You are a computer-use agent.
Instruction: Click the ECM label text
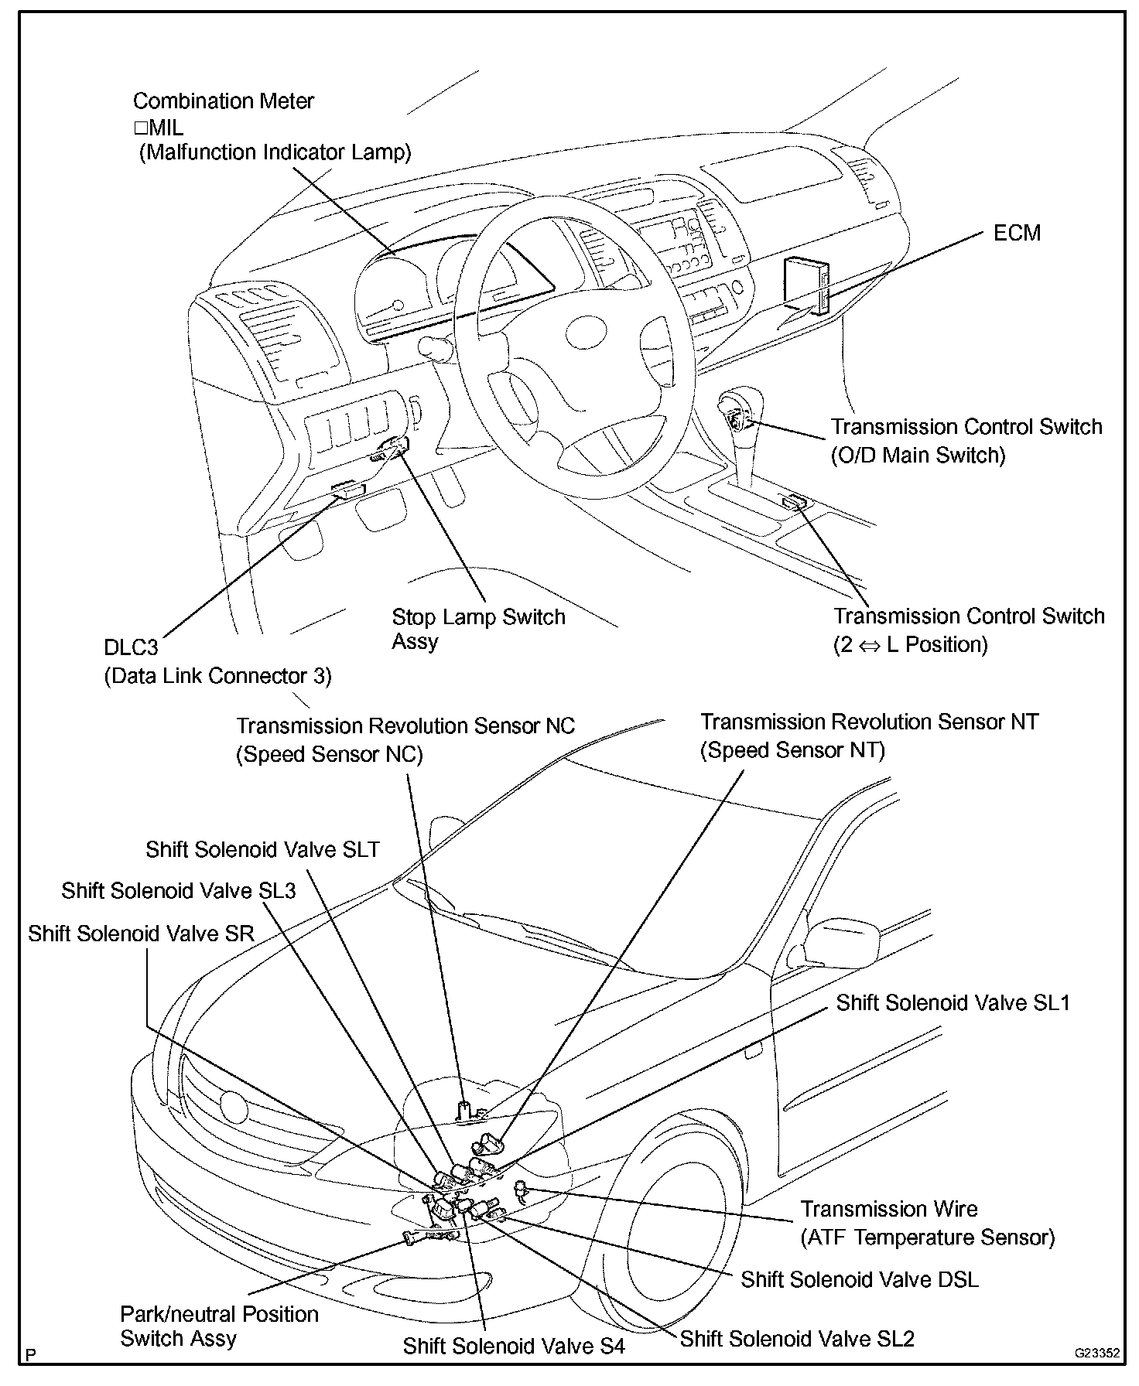tap(1017, 233)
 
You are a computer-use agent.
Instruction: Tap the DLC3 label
tap(131, 647)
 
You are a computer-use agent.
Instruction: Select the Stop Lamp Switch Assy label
tap(477, 629)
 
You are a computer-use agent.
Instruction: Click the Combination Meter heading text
tap(223, 101)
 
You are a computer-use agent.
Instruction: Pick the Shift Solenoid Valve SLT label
tap(262, 849)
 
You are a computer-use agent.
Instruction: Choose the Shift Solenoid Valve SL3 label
tap(179, 891)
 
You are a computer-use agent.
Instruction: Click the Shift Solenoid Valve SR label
tap(141, 934)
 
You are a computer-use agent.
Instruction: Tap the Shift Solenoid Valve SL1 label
tap(953, 1003)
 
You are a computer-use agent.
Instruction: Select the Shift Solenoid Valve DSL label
tap(859, 1279)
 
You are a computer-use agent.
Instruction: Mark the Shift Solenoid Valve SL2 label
tap(797, 1339)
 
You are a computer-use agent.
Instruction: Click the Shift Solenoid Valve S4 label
tap(513, 1347)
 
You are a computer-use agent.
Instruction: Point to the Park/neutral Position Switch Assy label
tap(219, 1326)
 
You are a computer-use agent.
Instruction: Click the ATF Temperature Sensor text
tap(927, 1237)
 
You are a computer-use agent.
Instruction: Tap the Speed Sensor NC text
tap(329, 754)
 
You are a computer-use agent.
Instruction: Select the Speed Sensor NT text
tap(792, 749)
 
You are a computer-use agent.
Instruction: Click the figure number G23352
tap(1096, 1354)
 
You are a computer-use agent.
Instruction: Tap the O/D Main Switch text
tap(918, 455)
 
